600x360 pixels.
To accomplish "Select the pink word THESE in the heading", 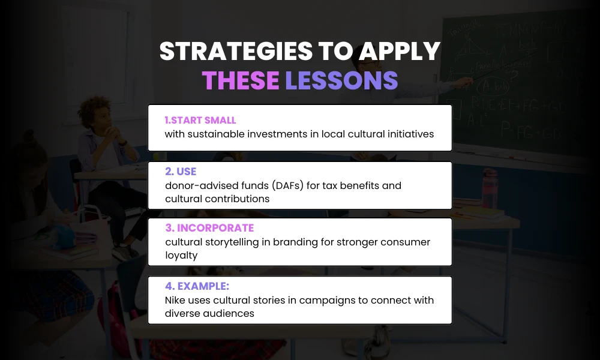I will (240, 80).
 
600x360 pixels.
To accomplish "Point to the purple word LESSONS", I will (341, 80).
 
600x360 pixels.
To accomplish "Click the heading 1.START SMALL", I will (200, 121).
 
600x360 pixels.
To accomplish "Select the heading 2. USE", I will (180, 172).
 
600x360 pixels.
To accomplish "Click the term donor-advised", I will (198, 185).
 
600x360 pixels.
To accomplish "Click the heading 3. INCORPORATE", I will (209, 228).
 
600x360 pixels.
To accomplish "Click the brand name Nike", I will (175, 300).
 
